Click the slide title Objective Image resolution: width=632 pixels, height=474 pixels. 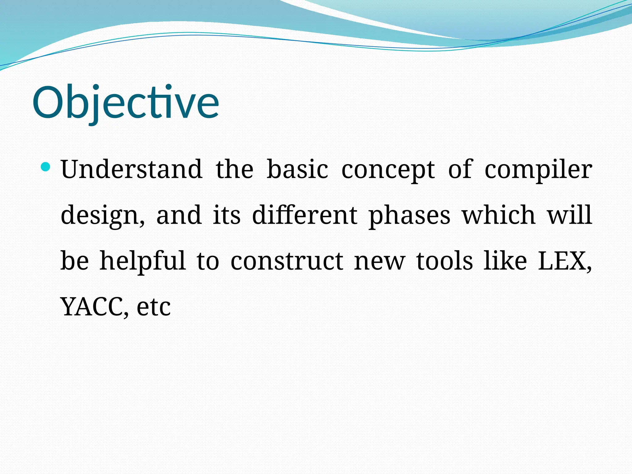coord(126,102)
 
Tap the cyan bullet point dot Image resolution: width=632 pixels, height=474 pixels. coord(45,167)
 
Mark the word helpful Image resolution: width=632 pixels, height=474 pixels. coord(143,261)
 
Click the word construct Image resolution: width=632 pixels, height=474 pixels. coord(287,261)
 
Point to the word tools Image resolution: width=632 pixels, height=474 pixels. coord(444,261)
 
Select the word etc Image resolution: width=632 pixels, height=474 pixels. coord(154,307)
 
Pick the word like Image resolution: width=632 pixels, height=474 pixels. coord(505,261)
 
